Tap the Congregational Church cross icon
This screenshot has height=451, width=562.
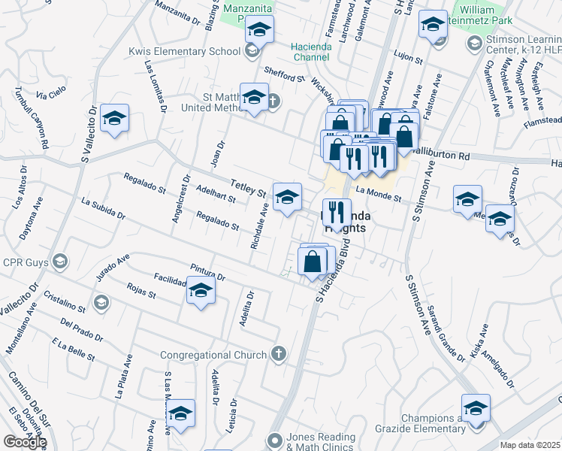(278, 354)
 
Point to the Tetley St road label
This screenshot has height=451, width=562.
(249, 187)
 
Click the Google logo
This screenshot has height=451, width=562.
(25, 442)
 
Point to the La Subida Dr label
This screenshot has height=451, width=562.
(103, 209)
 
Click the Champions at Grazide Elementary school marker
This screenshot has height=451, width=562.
(476, 408)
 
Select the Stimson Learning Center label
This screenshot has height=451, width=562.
(522, 44)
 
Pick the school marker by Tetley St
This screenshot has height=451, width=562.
(286, 198)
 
